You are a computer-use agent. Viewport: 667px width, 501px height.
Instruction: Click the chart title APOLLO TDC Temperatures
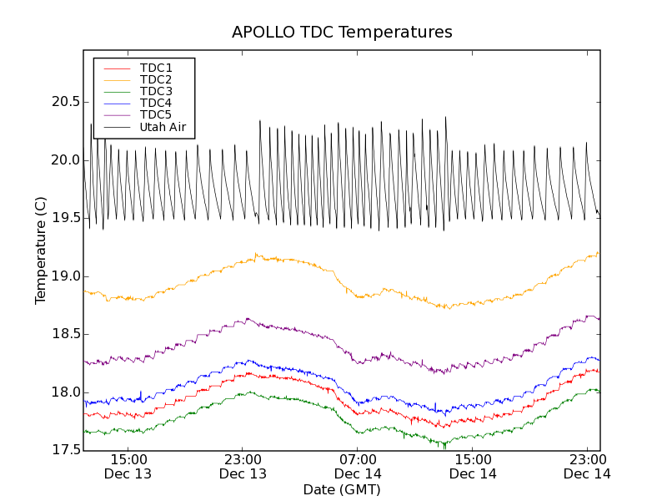tap(342, 33)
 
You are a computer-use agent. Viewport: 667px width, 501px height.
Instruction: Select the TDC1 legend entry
tap(156, 68)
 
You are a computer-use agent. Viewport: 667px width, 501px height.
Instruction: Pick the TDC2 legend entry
tap(156, 79)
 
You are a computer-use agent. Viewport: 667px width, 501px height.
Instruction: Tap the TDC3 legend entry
tap(156, 91)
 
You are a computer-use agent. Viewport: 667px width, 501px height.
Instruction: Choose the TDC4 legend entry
tap(156, 104)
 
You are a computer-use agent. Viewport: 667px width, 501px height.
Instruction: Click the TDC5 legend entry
tap(156, 115)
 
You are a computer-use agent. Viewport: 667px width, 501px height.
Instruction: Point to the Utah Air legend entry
tap(163, 128)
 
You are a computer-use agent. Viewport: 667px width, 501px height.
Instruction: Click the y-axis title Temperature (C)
tap(41, 250)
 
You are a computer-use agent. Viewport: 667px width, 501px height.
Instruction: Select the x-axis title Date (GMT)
tap(342, 489)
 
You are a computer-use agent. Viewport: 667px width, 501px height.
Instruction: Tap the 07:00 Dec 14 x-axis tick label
tap(358, 467)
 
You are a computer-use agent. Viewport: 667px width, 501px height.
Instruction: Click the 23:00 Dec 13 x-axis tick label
tap(243, 467)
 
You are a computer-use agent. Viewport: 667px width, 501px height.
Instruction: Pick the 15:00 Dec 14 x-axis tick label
tap(473, 467)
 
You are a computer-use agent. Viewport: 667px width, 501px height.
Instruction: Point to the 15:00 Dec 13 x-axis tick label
tap(128, 467)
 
